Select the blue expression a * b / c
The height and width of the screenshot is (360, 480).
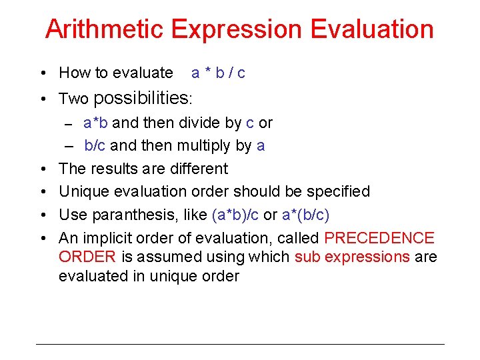click(x=218, y=73)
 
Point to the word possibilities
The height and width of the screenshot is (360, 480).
click(x=141, y=98)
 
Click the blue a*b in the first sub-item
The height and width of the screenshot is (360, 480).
click(x=96, y=123)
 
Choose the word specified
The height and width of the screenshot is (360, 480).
click(x=338, y=191)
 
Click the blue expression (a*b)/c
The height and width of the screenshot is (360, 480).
click(x=235, y=215)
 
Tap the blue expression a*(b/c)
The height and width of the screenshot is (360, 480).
click(x=305, y=215)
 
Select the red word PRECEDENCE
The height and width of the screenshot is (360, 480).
click(x=379, y=238)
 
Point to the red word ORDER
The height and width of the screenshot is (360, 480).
click(x=87, y=257)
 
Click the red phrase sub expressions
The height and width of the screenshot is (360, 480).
click(x=352, y=257)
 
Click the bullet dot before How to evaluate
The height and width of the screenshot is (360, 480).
click(x=42, y=73)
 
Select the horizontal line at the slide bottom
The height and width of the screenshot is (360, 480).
click(x=240, y=344)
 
